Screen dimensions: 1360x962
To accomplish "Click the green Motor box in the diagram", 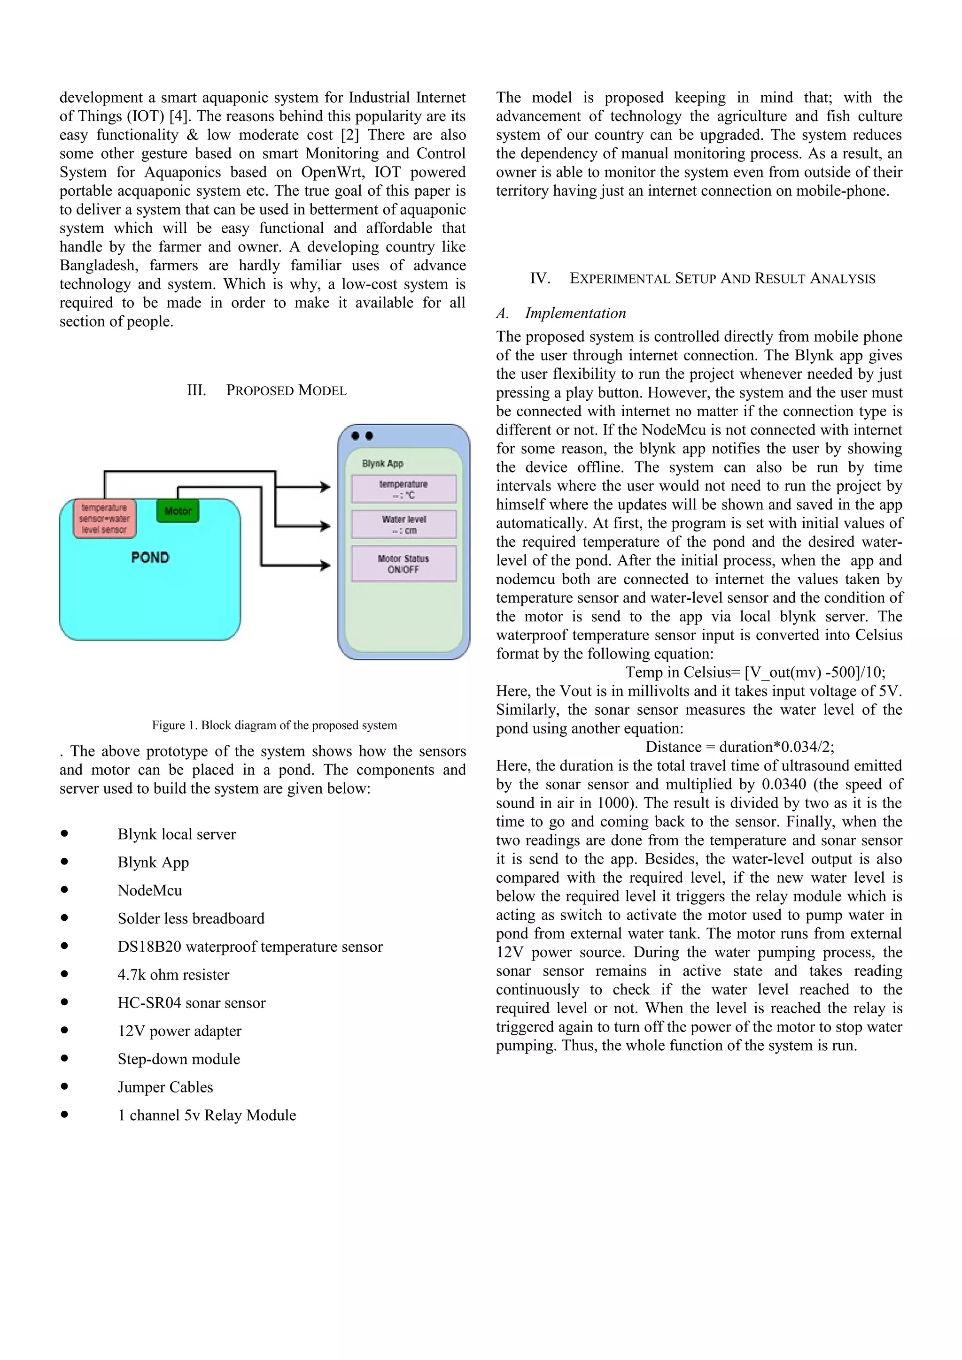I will point(178,511).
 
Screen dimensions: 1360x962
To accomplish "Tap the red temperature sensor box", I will point(104,518).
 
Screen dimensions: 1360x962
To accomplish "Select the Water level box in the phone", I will point(403,524).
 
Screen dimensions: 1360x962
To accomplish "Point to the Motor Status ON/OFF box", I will point(403,564).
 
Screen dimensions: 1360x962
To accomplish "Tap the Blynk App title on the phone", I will point(382,463).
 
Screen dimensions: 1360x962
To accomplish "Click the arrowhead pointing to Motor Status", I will point(325,565).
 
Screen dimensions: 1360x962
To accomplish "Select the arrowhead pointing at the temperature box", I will point(325,487).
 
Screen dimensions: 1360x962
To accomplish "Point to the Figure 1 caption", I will point(274,725).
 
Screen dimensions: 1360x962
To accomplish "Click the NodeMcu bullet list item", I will point(150,890).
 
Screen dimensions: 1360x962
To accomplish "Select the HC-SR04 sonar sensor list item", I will point(192,1003).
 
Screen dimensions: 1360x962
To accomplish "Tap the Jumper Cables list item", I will point(165,1087).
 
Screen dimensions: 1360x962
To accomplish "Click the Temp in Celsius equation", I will point(755,672).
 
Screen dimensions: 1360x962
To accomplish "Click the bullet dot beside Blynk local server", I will point(64,833).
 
